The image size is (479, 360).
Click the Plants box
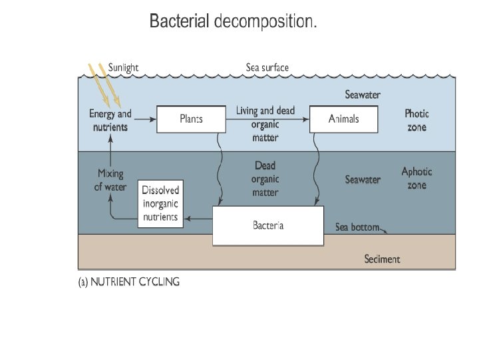(x=191, y=119)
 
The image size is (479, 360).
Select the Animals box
(x=344, y=119)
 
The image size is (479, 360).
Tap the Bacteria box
(x=268, y=225)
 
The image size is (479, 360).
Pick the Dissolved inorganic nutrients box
(x=161, y=203)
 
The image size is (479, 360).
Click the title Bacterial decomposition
(x=233, y=21)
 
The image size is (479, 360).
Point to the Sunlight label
(x=123, y=67)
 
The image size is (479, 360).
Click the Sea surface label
(x=267, y=67)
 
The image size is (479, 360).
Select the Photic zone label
(x=416, y=120)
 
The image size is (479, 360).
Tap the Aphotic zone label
(x=416, y=178)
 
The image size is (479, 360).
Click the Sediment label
(x=382, y=259)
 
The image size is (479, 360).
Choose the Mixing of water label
(x=110, y=180)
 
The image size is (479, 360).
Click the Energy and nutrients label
(x=110, y=120)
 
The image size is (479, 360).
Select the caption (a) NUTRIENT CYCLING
(x=129, y=281)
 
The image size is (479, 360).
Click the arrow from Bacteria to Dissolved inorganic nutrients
(x=198, y=219)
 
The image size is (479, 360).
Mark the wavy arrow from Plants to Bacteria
(x=219, y=169)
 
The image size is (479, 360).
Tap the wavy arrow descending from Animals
(x=317, y=169)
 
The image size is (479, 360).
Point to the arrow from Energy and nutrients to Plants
(x=145, y=119)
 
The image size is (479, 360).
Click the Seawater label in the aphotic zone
(x=363, y=179)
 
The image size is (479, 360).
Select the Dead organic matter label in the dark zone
(x=265, y=179)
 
